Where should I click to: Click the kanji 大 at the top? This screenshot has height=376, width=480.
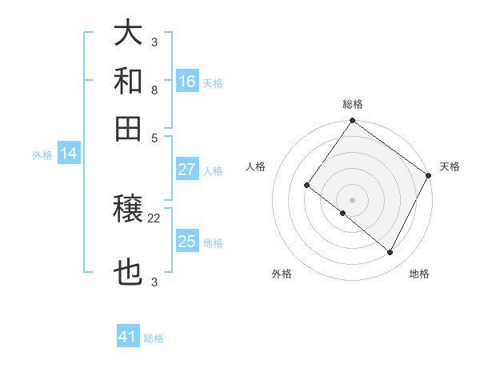coord(129,34)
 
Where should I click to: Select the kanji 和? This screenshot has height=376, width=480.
coord(129,81)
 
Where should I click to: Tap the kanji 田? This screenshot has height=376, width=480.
coord(129,128)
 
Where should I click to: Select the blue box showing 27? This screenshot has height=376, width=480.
coord(187,169)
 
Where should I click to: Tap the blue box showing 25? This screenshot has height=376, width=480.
coord(187,242)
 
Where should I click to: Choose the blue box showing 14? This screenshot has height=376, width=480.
coord(68,154)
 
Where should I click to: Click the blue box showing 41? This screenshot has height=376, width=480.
coord(128,337)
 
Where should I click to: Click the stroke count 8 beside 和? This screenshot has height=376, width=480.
coord(154,90)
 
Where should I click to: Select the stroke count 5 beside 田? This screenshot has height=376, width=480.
coord(154,137)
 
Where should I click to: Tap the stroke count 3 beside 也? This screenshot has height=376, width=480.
coord(154,282)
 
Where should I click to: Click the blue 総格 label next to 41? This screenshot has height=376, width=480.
coord(154,338)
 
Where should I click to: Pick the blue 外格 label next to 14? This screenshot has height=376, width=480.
coord(42,155)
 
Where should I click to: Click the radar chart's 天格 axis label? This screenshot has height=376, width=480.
coord(450,166)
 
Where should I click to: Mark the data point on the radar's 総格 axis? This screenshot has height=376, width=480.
coord(352,122)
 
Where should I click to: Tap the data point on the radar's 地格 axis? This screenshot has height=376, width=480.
coord(390,253)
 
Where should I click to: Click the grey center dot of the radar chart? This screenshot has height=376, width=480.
coord(352,199)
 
